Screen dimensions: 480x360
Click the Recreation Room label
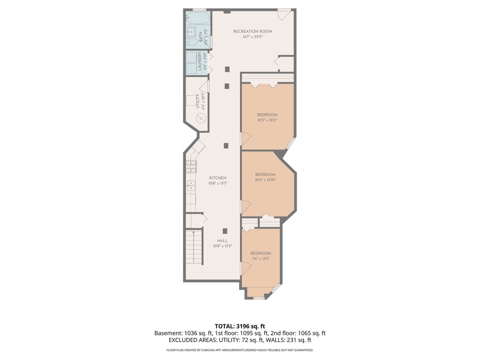click(252, 32)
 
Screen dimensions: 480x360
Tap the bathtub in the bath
click(198, 18)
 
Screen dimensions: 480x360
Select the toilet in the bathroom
click(192, 42)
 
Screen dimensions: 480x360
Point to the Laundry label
click(200, 61)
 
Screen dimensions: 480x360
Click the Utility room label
click(198, 101)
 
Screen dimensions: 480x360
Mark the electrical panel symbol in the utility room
click(201, 118)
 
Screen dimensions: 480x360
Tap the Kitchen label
click(218, 178)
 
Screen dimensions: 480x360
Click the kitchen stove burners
click(191, 166)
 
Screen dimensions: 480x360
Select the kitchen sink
click(191, 186)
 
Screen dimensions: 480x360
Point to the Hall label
click(222, 241)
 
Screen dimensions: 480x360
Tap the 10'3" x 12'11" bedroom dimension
click(267, 120)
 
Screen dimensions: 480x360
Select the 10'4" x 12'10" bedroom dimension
click(266, 180)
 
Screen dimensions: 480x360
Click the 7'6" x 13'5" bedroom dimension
click(260, 258)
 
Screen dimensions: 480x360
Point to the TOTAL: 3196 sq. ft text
click(240, 326)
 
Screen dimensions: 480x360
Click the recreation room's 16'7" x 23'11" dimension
click(252, 37)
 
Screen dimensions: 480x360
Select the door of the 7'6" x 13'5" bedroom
click(246, 268)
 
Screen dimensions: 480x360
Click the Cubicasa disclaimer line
click(240, 350)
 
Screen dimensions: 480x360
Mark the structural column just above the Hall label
click(225, 231)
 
